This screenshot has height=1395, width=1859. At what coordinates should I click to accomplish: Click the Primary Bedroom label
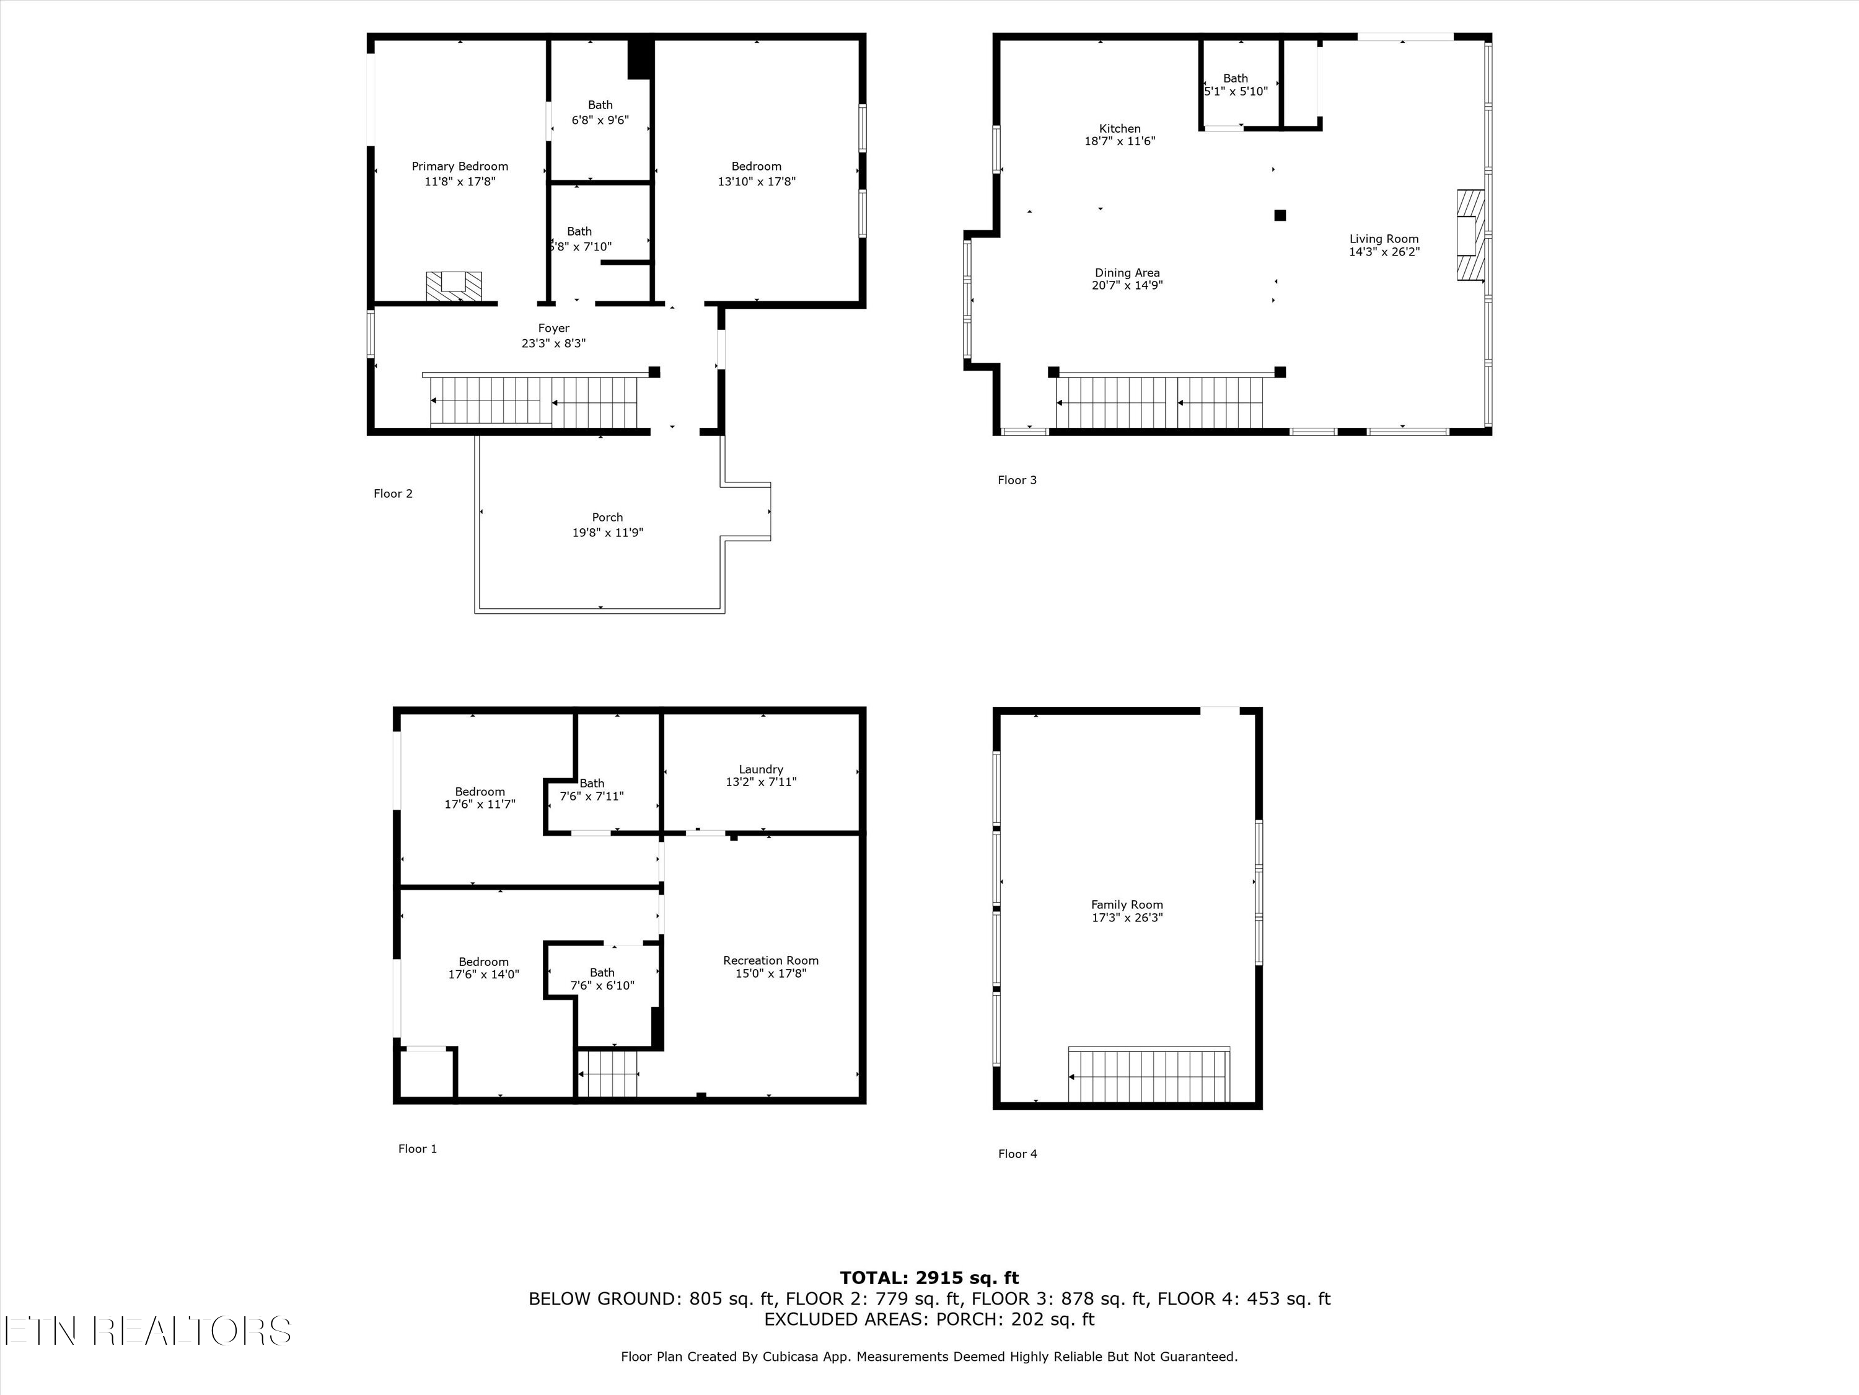tap(460, 167)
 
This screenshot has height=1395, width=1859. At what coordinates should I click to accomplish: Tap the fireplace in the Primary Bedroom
tap(454, 286)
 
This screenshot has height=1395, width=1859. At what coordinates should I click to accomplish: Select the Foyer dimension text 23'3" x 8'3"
tap(554, 343)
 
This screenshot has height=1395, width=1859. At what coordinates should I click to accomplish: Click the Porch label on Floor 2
tap(608, 517)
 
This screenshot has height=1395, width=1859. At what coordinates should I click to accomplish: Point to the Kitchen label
tap(1120, 129)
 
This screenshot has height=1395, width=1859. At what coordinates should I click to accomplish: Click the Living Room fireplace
tap(1470, 234)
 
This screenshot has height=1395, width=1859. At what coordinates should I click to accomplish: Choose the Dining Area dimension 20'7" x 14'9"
tap(1127, 285)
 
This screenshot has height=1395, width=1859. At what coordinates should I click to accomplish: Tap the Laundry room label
tap(760, 769)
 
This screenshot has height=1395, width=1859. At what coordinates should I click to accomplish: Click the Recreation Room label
tap(771, 960)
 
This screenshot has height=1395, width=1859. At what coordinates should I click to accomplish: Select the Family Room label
tap(1127, 905)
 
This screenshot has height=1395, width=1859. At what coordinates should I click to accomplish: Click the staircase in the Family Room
tap(1149, 1074)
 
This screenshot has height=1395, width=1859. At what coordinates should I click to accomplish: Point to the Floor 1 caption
tap(418, 1149)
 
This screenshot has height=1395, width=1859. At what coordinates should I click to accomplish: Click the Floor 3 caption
tap(1017, 480)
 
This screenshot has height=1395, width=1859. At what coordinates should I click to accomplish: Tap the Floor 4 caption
tap(1017, 1154)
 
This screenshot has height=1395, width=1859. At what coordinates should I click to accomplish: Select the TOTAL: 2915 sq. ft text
tap(929, 1278)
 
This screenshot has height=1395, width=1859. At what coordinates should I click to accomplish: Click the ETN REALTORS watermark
tap(148, 1331)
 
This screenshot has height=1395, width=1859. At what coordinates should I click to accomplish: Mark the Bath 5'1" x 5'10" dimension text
tap(1236, 92)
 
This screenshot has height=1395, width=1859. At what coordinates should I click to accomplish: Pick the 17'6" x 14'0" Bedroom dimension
tap(483, 975)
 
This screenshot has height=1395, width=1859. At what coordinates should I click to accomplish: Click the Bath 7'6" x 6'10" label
tap(602, 972)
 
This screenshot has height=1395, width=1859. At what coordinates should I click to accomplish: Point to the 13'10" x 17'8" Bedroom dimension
tap(757, 182)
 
